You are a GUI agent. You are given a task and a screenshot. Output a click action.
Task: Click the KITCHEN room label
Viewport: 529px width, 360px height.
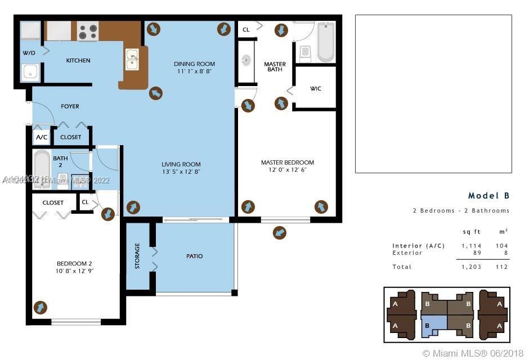pyautogui.click(x=78, y=61)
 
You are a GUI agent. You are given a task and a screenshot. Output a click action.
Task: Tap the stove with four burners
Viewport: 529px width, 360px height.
pyautogui.click(x=87, y=31)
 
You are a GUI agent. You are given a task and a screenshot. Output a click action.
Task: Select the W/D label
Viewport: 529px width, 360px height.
pyautogui.click(x=29, y=53)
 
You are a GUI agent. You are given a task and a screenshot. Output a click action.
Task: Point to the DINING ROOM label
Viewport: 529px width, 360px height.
pyautogui.click(x=194, y=64)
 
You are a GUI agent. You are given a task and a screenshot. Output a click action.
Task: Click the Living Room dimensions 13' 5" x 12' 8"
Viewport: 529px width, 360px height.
pyautogui.click(x=181, y=172)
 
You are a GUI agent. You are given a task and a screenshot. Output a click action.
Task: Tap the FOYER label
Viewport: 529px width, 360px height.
pyautogui.click(x=70, y=106)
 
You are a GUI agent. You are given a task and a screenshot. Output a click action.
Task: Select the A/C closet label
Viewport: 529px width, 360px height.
pyautogui.click(x=42, y=137)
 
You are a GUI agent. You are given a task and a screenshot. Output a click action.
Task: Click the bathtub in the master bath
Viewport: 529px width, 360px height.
pyautogui.click(x=325, y=42)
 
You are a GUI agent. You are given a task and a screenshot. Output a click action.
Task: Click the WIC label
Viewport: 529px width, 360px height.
pyautogui.click(x=316, y=89)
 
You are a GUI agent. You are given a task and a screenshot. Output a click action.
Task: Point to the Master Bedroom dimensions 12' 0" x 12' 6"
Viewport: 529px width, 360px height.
pyautogui.click(x=287, y=170)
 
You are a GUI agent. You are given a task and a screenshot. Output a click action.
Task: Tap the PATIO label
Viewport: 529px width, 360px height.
pyautogui.click(x=194, y=256)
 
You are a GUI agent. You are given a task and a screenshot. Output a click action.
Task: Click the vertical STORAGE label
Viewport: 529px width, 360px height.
pyautogui.click(x=137, y=256)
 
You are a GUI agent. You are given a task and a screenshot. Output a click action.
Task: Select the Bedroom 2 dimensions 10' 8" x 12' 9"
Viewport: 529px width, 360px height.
pyautogui.click(x=74, y=271)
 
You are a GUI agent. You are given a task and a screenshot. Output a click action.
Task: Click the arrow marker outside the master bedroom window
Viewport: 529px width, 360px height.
pyautogui.click(x=279, y=232)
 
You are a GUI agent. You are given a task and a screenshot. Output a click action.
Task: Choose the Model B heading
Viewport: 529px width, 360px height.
pyautogui.click(x=488, y=196)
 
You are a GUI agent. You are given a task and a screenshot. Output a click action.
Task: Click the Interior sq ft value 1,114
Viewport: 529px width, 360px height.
pyautogui.click(x=471, y=246)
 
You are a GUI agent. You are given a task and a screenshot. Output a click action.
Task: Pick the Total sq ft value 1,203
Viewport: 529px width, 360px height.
pyautogui.click(x=471, y=267)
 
